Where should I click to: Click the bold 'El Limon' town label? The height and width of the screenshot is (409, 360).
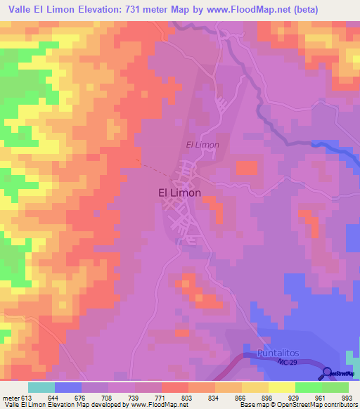point(178,193)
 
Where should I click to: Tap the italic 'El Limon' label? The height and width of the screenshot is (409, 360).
point(202,145)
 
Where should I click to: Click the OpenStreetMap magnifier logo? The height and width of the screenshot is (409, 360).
point(328,373)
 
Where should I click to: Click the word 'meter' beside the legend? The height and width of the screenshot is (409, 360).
point(10,397)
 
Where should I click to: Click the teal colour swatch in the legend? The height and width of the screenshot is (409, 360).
point(41,387)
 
